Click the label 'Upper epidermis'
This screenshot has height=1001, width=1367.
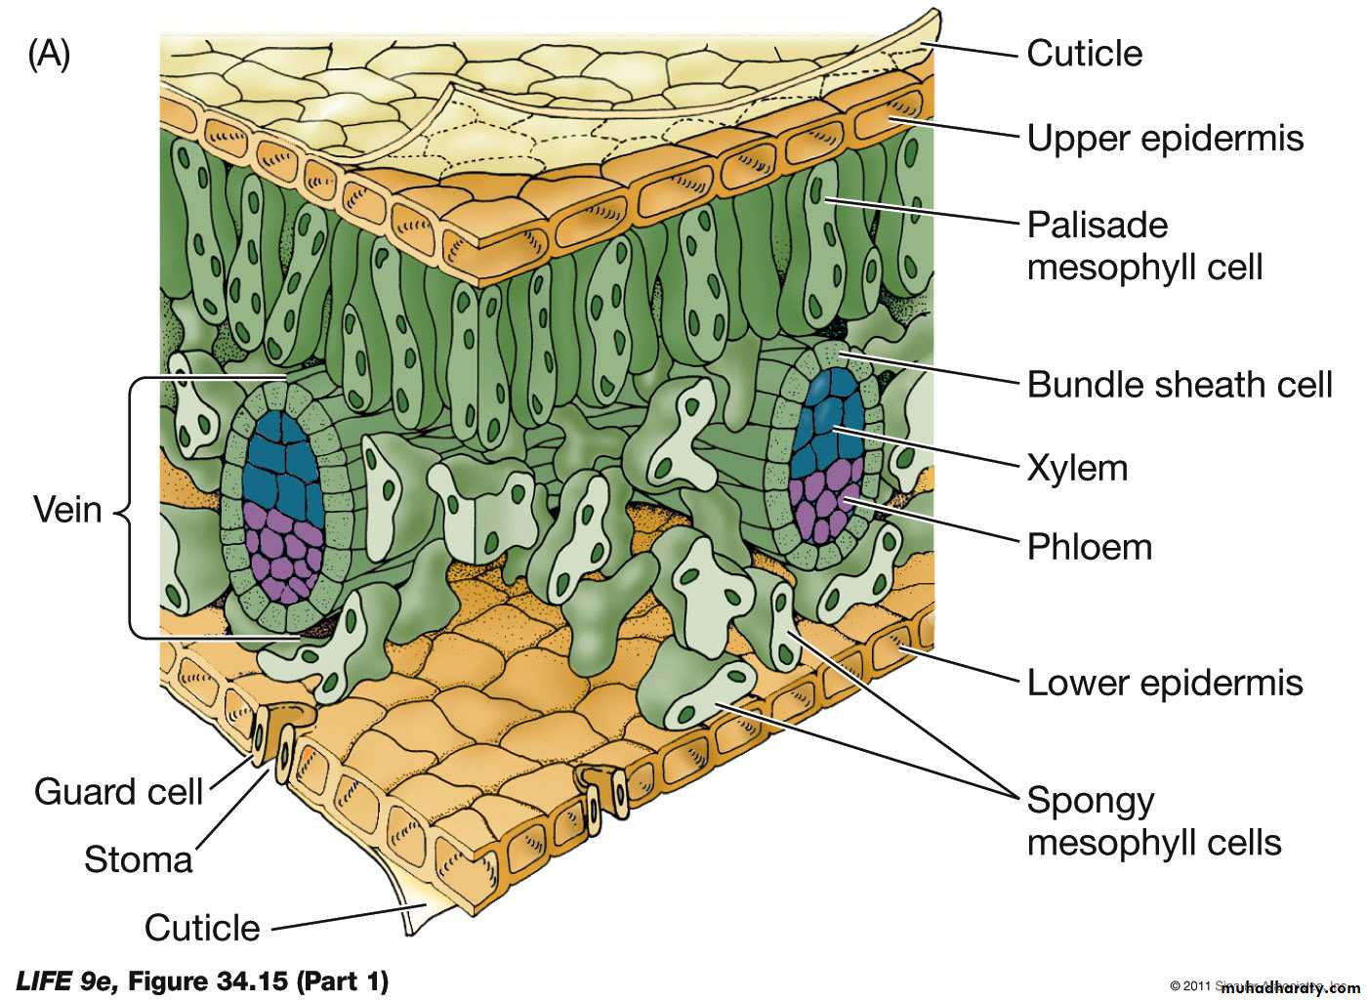1164,139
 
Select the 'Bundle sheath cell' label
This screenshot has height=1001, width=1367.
1179,385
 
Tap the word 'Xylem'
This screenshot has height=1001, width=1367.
1076,469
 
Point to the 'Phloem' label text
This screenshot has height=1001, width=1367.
1089,547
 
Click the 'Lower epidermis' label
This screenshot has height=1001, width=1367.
1164,683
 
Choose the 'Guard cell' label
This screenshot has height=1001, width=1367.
118,791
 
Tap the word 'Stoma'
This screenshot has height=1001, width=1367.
138,859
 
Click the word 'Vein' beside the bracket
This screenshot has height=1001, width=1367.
67,509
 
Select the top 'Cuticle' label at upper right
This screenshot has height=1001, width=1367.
1084,53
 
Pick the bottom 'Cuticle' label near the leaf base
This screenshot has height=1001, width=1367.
202,928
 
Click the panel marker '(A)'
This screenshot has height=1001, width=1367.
49,55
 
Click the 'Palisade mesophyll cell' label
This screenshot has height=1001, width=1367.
1144,246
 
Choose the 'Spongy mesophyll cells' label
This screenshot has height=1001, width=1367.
1153,821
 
